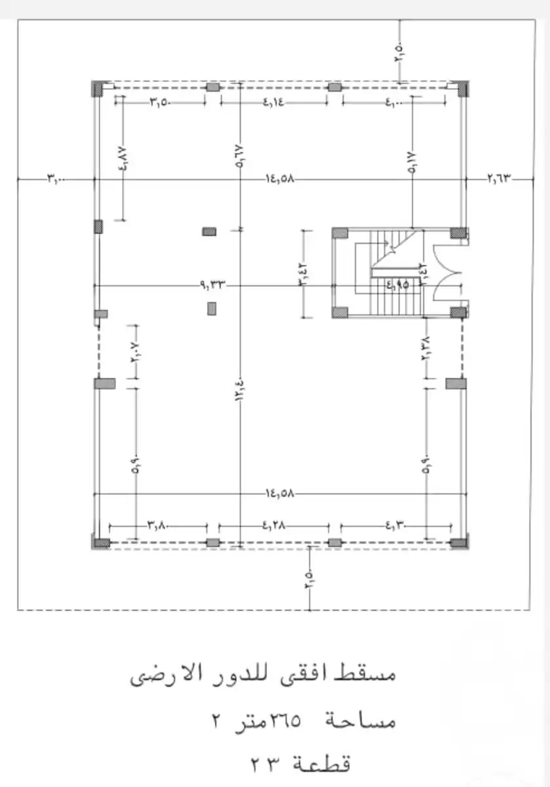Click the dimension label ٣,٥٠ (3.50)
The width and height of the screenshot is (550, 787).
coord(161,102)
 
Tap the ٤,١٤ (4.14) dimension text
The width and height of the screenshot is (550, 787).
coord(274,102)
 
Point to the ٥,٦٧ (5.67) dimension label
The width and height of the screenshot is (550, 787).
coord(240,157)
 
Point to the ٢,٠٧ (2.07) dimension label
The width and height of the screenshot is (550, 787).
coord(136,359)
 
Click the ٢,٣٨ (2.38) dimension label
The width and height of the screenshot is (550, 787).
coord(425,348)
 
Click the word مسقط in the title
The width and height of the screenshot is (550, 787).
coord(371,674)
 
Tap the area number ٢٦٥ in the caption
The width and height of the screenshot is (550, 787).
coord(284,721)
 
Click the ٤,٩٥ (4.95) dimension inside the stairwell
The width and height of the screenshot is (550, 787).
coord(397,285)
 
